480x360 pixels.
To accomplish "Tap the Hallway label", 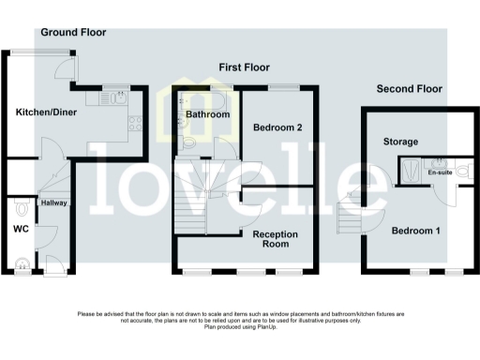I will (52, 202).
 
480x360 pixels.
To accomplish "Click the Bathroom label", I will (207, 114).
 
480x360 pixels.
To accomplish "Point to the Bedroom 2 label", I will (277, 127).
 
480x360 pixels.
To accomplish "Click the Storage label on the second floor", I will (400, 142).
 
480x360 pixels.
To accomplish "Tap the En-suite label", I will (438, 173).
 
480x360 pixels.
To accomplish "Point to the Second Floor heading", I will (410, 89).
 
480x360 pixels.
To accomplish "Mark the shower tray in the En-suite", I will (411, 169).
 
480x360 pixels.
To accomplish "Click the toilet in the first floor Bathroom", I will (188, 142).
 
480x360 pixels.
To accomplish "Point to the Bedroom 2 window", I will (284, 87).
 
